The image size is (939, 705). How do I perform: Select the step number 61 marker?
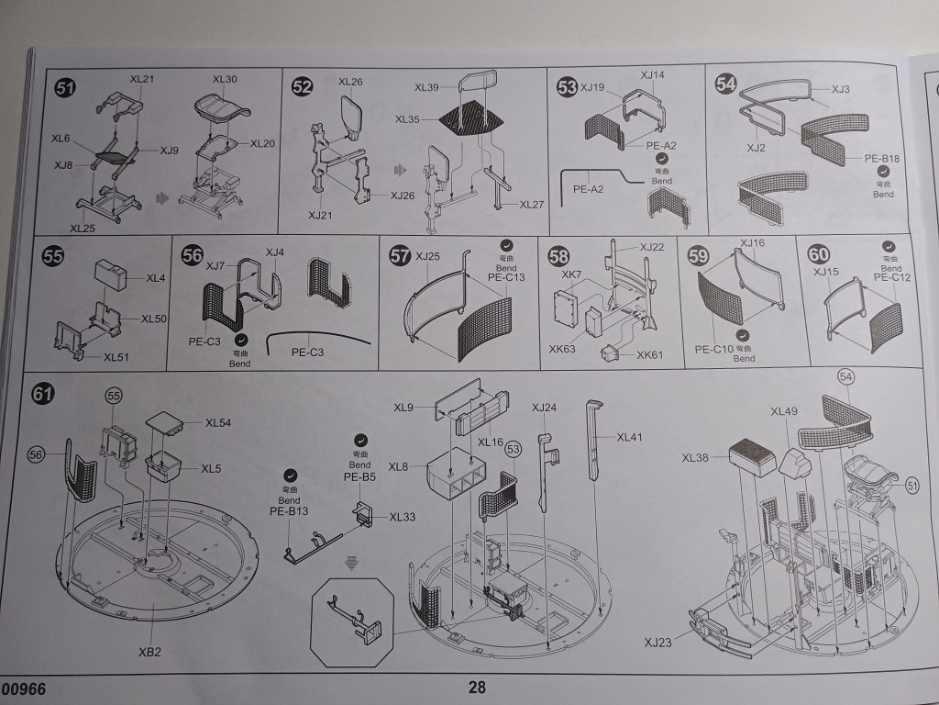pos(42,393)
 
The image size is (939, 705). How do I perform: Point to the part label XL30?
pos(225,80)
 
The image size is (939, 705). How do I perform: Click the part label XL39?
pos(427,87)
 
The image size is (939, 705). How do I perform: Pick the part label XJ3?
pos(841,89)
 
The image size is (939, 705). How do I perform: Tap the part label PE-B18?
pos(882,158)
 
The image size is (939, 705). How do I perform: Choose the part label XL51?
pos(116,357)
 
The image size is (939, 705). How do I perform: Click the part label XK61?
pos(649,354)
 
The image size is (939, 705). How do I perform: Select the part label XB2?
pos(150,652)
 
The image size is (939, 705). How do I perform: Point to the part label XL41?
pos(631,438)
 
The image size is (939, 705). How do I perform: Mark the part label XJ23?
pos(657,643)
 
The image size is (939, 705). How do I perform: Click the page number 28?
pos(477,687)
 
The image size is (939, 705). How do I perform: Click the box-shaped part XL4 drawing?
pos(114,273)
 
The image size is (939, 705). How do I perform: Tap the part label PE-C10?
pos(713,349)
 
